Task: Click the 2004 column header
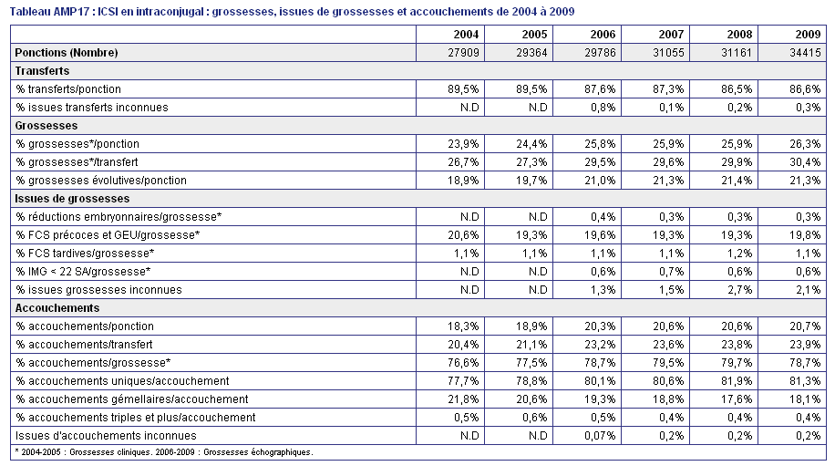(x=466, y=35)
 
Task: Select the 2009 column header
(x=808, y=35)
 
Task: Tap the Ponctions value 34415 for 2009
(x=805, y=53)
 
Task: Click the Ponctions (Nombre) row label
(x=67, y=53)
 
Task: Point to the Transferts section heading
(x=42, y=71)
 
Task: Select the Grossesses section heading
(x=46, y=126)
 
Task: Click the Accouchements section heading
(x=57, y=308)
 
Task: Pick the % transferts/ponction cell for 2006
(x=600, y=89)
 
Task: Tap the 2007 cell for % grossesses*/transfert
(x=668, y=162)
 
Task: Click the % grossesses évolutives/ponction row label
(x=101, y=180)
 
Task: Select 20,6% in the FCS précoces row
(x=463, y=235)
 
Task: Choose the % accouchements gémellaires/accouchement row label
(x=131, y=399)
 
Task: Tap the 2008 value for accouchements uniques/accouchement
(x=737, y=381)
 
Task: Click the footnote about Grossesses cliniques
(x=164, y=452)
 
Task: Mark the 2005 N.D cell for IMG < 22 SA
(x=538, y=272)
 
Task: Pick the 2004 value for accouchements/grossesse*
(x=463, y=363)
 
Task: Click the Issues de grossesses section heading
(x=72, y=199)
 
